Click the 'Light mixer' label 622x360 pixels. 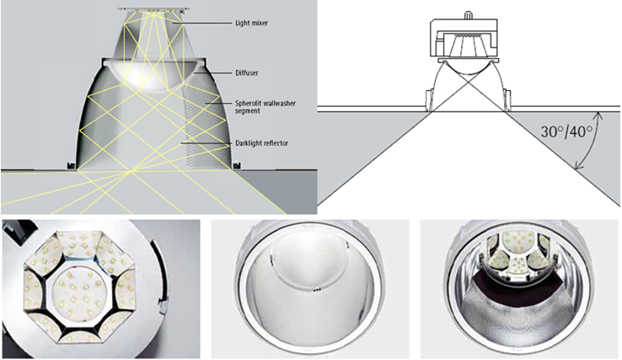tap(251, 23)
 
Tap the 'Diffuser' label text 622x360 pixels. tap(247, 73)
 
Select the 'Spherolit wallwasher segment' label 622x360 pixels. tap(265, 107)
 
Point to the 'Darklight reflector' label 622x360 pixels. tap(261, 142)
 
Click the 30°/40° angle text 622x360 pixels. tap(566, 131)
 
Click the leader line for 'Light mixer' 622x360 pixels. tap(203, 23)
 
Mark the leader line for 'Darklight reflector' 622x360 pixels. tap(206, 142)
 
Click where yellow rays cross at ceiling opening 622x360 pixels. tap(131, 171)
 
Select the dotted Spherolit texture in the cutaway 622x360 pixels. tap(206, 119)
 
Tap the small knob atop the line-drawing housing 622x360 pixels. tap(469, 14)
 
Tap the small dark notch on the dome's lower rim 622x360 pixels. tap(316, 290)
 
